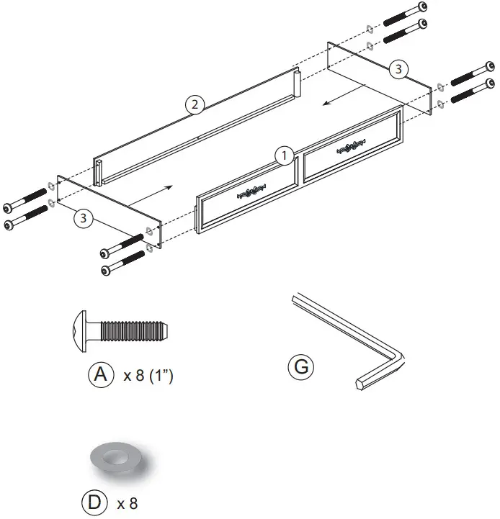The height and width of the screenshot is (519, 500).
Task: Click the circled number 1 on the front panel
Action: pyautogui.click(x=285, y=155)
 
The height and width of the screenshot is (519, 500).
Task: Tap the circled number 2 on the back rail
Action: pyautogui.click(x=192, y=104)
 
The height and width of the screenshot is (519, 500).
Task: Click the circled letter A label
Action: pyautogui.click(x=101, y=374)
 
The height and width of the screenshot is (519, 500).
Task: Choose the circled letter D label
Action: pyautogui.click(x=94, y=503)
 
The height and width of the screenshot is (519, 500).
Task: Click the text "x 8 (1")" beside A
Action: pyautogui.click(x=148, y=376)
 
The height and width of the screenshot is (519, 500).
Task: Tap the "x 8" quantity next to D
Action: pyautogui.click(x=127, y=504)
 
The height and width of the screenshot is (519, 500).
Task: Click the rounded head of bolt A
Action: pyautogui.click(x=81, y=332)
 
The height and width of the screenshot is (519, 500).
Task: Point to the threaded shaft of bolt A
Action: pyautogui.click(x=133, y=332)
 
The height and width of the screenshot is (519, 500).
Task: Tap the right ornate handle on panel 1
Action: pyautogui.click(x=349, y=148)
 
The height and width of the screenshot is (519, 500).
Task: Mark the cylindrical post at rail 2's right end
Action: pyautogui.click(x=296, y=84)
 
